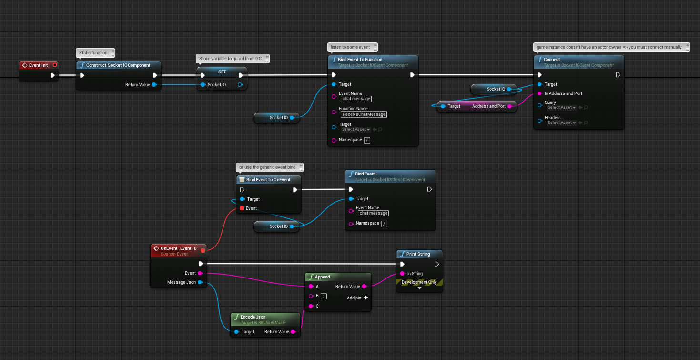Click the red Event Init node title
[38, 65]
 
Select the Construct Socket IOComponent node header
[118, 65]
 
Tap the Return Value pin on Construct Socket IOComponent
[154, 85]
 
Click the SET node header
[222, 72]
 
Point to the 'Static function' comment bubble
[93, 52]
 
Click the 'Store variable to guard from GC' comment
[231, 58]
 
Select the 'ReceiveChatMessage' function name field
[364, 114]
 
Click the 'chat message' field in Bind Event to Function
[356, 99]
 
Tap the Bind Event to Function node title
[360, 60]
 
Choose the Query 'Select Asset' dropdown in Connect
[561, 108]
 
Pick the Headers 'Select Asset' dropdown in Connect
[561, 123]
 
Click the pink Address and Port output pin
[509, 106]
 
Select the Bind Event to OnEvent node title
[268, 180]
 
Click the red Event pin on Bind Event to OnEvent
[242, 208]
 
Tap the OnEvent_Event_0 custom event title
[178, 248]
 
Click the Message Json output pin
[200, 282]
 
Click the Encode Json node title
[253, 317]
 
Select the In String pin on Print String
[403, 274]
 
